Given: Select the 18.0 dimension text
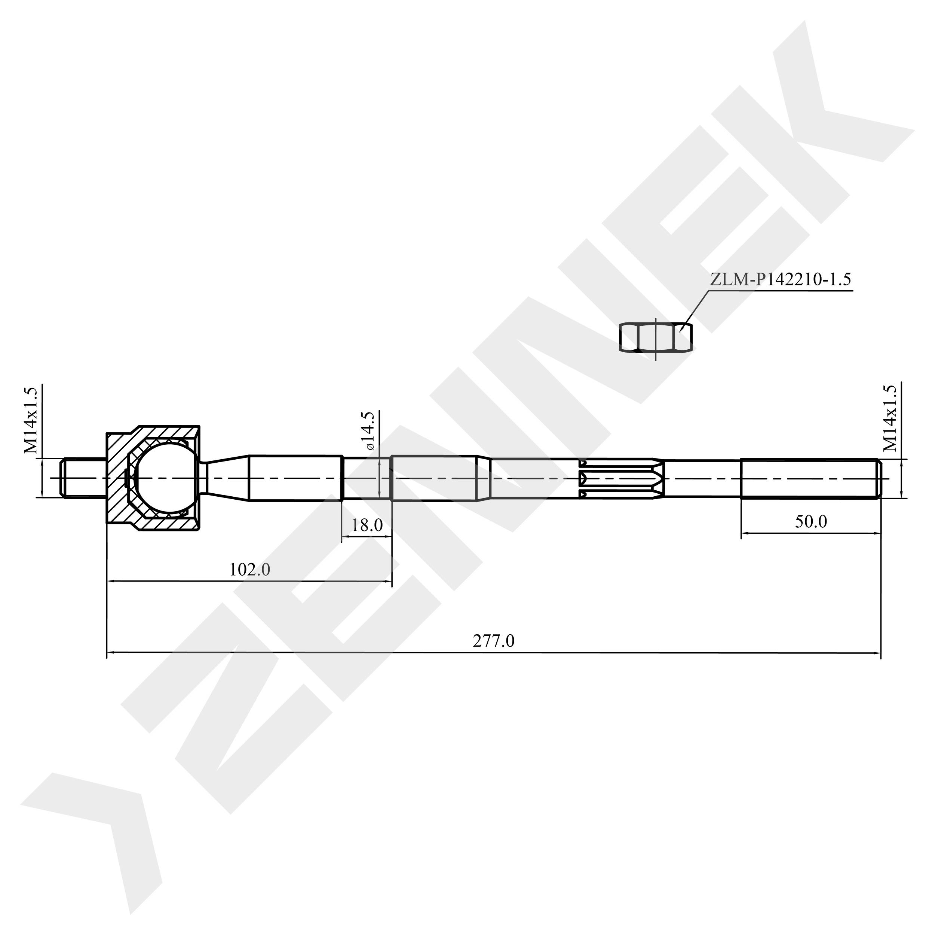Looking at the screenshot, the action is tap(367, 525).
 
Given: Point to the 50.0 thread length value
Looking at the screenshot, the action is tap(811, 521).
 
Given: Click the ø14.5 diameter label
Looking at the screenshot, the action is tap(370, 431).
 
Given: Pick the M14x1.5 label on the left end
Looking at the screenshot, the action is tap(31, 420).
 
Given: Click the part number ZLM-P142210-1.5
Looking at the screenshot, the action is tap(780, 280).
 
